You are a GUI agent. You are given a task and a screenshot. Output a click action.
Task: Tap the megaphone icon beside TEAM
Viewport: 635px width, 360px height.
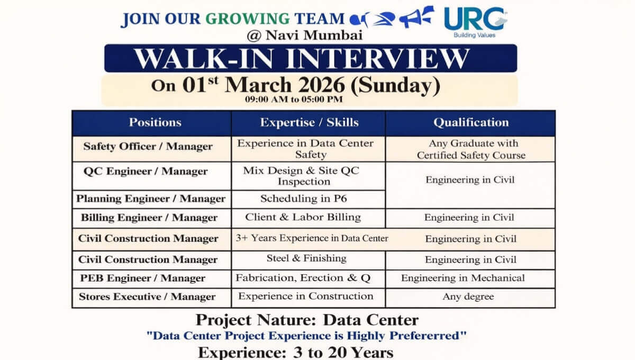(417, 17)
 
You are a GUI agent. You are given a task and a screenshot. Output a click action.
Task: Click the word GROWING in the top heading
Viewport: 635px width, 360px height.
(247, 19)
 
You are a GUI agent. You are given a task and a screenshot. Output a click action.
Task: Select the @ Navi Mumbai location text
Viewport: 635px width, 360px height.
(305, 35)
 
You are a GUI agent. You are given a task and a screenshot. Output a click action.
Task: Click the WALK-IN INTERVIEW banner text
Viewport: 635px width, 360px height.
(302, 59)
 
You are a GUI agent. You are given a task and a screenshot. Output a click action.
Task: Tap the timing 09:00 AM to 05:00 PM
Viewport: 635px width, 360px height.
(294, 100)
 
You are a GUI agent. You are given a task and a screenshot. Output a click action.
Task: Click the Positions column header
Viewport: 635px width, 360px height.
(155, 122)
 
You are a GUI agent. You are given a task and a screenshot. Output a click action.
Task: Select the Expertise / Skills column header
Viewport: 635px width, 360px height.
(309, 122)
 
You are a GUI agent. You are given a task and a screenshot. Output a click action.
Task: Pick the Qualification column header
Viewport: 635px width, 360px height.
(471, 122)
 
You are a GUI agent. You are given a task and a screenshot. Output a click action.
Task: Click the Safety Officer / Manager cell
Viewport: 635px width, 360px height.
(148, 147)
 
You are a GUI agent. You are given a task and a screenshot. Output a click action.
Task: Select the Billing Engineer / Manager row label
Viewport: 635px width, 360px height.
(149, 218)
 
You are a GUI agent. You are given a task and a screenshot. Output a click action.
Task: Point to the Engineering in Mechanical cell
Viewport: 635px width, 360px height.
(463, 278)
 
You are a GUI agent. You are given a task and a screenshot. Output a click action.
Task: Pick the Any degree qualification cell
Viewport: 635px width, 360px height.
(468, 297)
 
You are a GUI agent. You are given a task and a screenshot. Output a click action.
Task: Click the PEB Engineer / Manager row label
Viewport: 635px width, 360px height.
(142, 278)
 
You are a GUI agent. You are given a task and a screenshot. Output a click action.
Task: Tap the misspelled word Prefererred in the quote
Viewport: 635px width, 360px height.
(428, 336)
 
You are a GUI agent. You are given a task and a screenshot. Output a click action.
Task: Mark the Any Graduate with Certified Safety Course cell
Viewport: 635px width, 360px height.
(471, 149)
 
